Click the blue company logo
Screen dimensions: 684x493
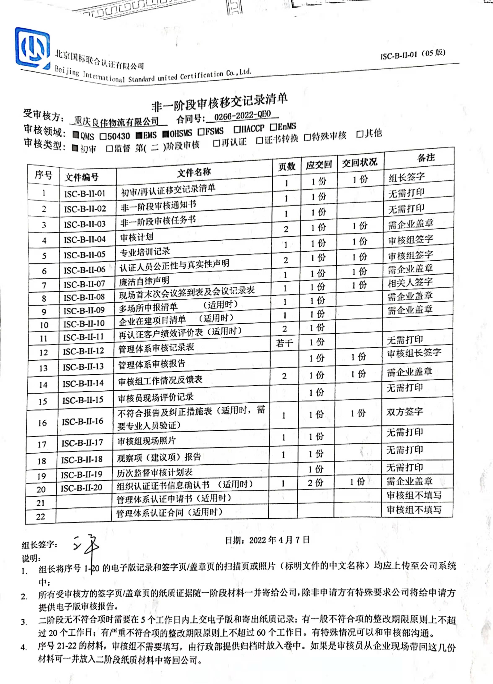tap(32, 48)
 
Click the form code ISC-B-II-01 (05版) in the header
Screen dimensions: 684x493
tap(413, 54)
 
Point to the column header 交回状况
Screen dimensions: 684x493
tap(359, 163)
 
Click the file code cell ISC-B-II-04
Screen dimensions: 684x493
tap(84, 240)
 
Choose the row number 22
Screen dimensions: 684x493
tap(40, 517)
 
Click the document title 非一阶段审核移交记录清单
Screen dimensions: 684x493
tap(219, 102)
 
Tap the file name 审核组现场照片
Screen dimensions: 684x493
tap(146, 441)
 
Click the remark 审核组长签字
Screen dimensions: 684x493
tap(414, 352)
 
